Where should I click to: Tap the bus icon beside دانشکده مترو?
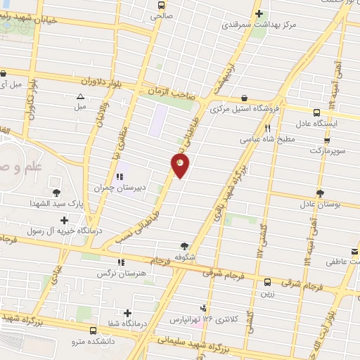coord(94,330)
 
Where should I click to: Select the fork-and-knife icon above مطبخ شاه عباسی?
coord(268,128)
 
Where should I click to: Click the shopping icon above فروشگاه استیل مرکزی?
coord(243,98)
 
